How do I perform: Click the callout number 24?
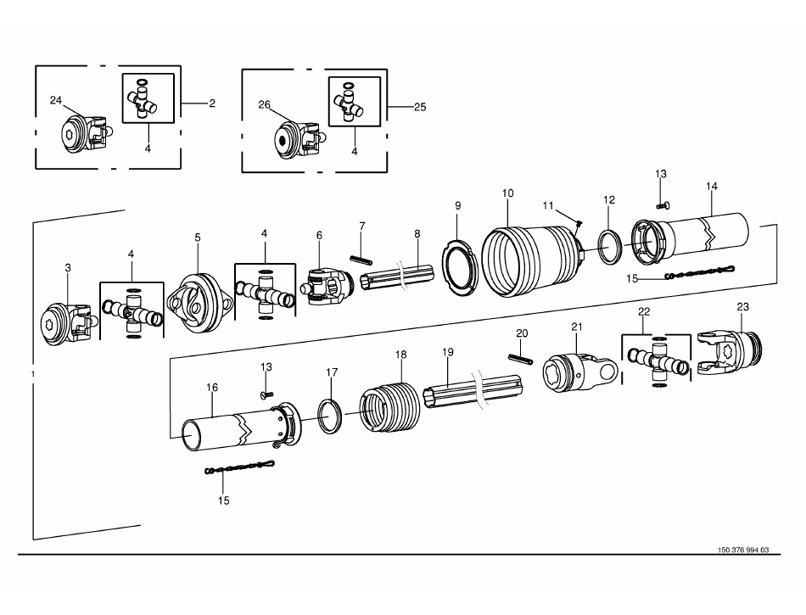coord(55,100)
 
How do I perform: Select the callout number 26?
coord(264,105)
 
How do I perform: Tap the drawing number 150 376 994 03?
coord(743,550)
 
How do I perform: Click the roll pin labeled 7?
coord(361,260)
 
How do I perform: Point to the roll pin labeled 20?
coord(521,359)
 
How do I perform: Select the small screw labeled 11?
coord(579,223)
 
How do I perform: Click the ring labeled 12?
coord(610,249)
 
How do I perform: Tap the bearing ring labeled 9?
coord(460,267)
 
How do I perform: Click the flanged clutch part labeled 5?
coord(199,304)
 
